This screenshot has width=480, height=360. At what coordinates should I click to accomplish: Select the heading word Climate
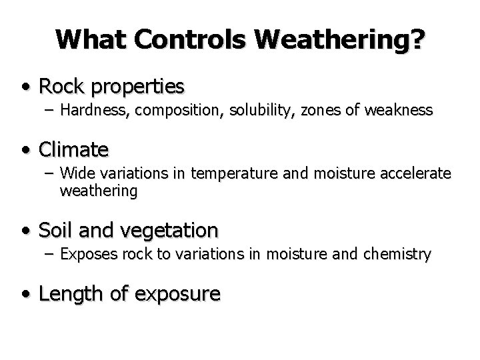tap(73, 147)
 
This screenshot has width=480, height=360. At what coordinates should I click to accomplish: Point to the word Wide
tap(74, 174)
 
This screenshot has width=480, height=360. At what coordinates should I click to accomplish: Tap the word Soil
tap(58, 230)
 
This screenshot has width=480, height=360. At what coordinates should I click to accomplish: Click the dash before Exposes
tap(50, 254)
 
